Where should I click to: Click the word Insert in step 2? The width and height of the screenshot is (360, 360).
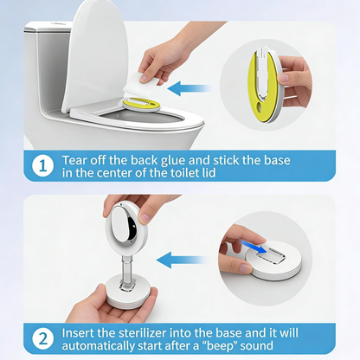(x=82, y=332)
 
